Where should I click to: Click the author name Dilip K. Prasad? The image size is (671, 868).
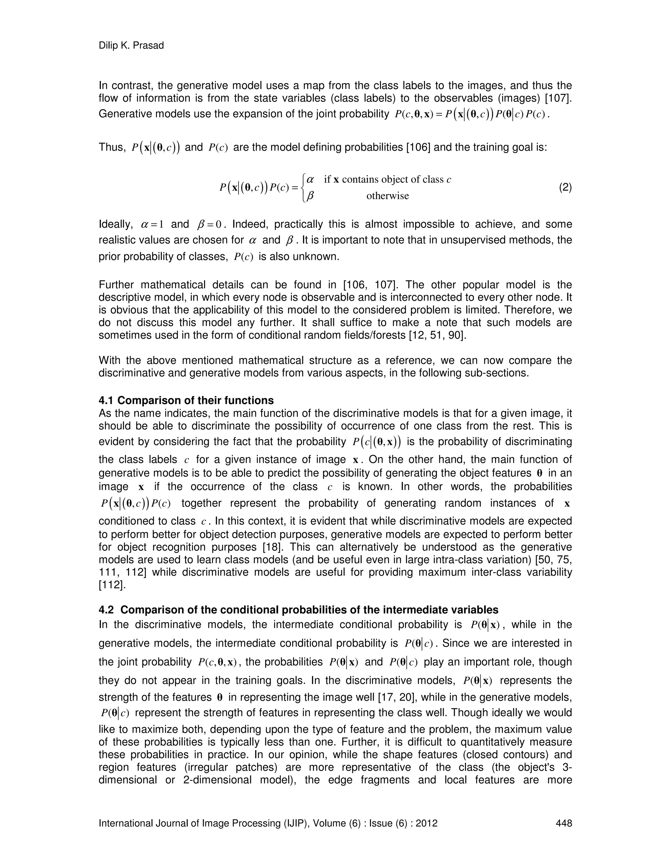(131, 46)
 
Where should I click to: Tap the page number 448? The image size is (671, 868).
(563, 823)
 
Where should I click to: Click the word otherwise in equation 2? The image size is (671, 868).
(387, 196)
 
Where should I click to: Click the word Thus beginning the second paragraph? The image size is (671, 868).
(111, 147)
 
